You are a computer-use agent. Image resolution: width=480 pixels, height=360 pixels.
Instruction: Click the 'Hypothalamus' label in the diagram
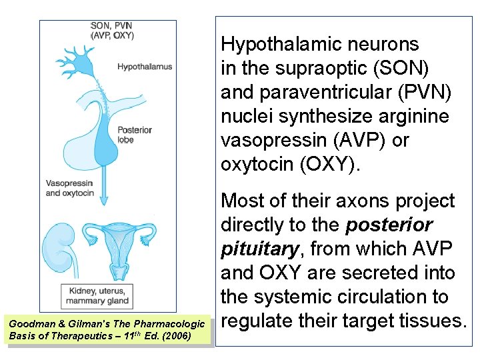[145, 67]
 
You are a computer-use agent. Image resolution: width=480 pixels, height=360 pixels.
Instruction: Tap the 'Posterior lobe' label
[134, 135]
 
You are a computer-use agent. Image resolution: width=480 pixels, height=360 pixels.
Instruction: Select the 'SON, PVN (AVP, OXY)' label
[112, 31]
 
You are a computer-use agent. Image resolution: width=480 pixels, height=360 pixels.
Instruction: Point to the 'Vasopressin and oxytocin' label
[70, 188]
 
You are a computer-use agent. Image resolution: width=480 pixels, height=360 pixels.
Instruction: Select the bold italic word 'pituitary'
[259, 249]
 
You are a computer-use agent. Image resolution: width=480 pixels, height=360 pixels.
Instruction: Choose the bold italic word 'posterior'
[389, 225]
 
